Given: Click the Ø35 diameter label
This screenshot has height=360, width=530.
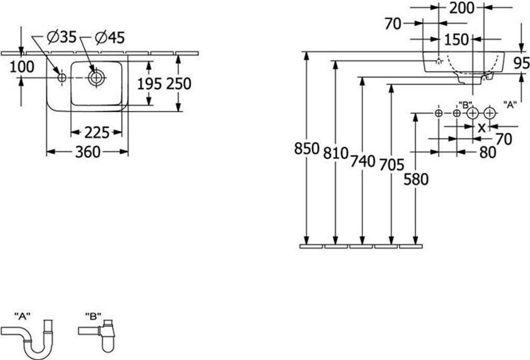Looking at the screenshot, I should (61, 37).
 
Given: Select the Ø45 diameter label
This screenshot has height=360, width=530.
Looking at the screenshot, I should (109, 37).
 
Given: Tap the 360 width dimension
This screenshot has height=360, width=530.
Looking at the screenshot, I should (87, 152).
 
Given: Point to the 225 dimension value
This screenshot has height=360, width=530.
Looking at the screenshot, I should (96, 133).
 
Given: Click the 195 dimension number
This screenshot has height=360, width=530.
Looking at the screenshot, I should (149, 84).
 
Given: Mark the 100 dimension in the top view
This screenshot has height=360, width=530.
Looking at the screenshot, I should (22, 67).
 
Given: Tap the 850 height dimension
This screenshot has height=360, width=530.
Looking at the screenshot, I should (306, 149).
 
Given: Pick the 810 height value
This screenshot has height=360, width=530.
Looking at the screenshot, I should (335, 153).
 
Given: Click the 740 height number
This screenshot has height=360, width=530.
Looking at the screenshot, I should (362, 161).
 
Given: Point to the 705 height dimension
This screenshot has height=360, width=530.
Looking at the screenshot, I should (391, 165).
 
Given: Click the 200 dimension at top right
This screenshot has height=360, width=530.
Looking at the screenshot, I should (462, 8).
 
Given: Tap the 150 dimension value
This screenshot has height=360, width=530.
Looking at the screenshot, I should (456, 39).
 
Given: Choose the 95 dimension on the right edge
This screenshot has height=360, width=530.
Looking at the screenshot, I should (522, 63).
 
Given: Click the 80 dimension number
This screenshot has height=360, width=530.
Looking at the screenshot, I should (487, 152).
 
